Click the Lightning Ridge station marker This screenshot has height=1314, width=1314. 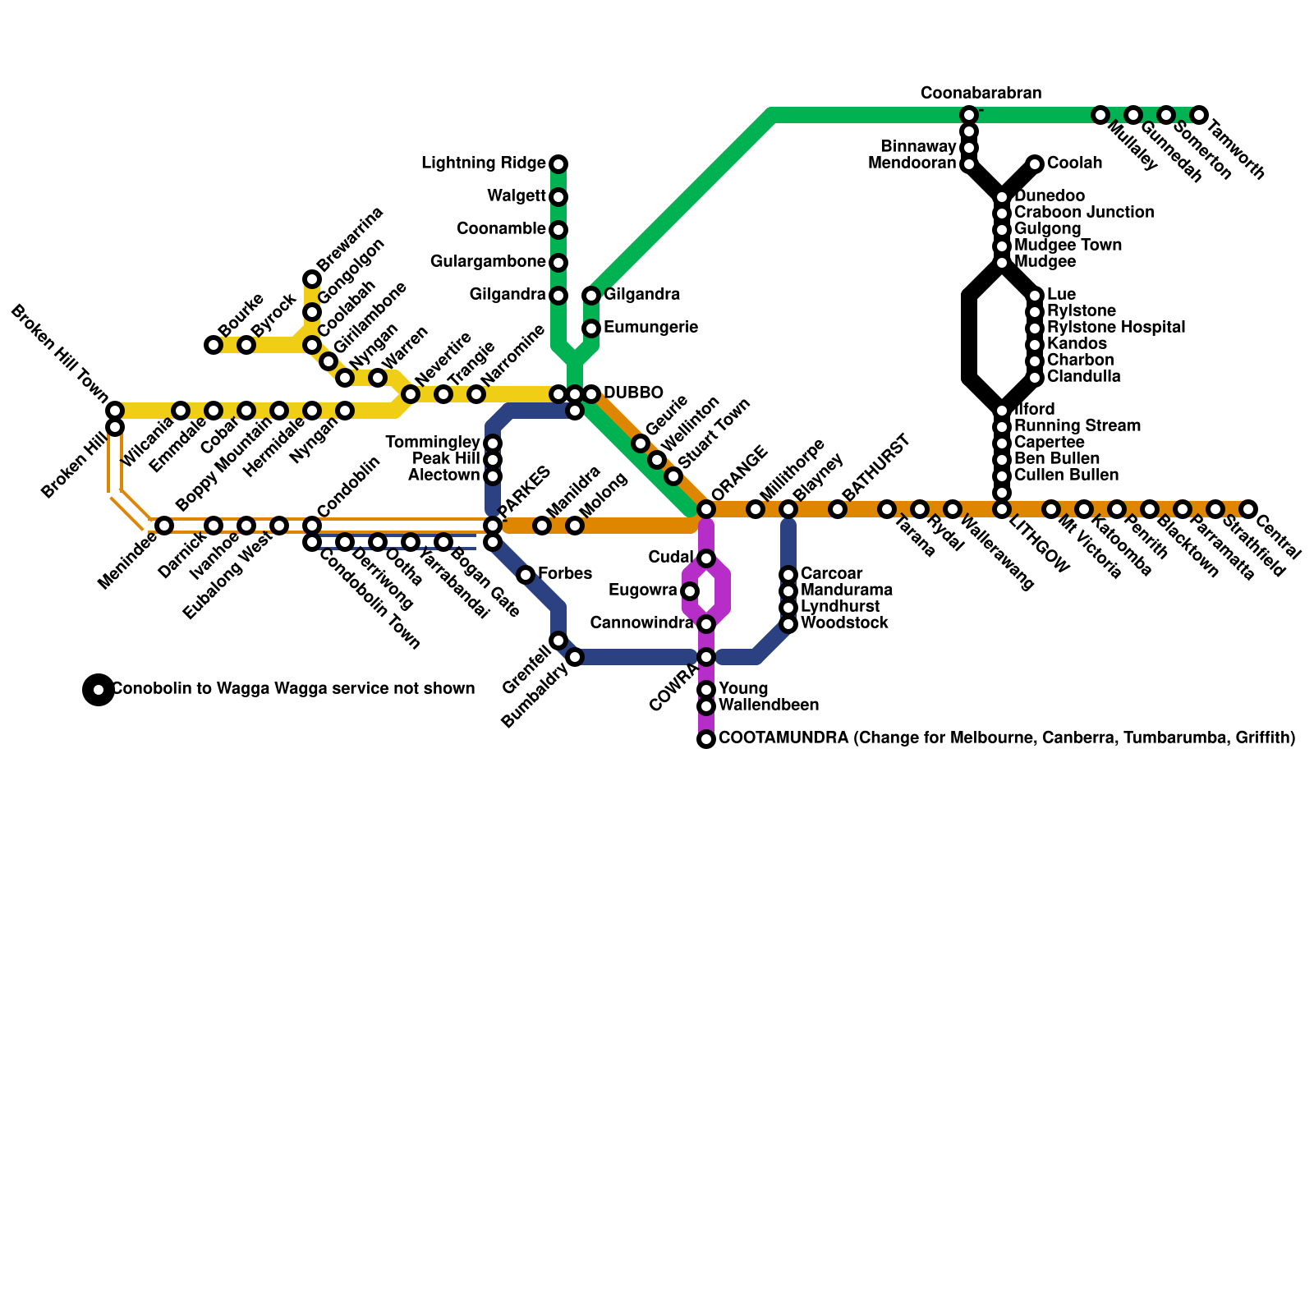coord(558,164)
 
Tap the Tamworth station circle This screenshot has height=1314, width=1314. coord(1199,115)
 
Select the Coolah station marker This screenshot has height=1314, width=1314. coord(1035,164)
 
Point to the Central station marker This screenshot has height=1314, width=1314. coord(1248,509)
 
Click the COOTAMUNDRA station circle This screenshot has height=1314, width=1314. coord(706,739)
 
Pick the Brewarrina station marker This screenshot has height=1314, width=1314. coord(312,279)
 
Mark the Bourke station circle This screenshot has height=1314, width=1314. coord(214,345)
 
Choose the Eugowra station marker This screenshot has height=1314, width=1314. coord(690,591)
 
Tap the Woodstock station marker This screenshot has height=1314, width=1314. coord(788,624)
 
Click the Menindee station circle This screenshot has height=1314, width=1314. coord(164,526)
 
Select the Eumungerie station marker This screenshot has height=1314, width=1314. coord(591,328)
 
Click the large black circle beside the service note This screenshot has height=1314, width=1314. coord(99,689)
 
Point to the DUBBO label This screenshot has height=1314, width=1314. coord(633,393)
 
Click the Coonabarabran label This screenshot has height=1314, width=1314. coord(981,93)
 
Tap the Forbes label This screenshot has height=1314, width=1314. coord(565,573)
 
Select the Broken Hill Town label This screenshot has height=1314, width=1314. coord(60,354)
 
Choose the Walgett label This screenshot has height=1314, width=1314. coord(516,195)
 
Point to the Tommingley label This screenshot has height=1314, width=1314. coord(433,443)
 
